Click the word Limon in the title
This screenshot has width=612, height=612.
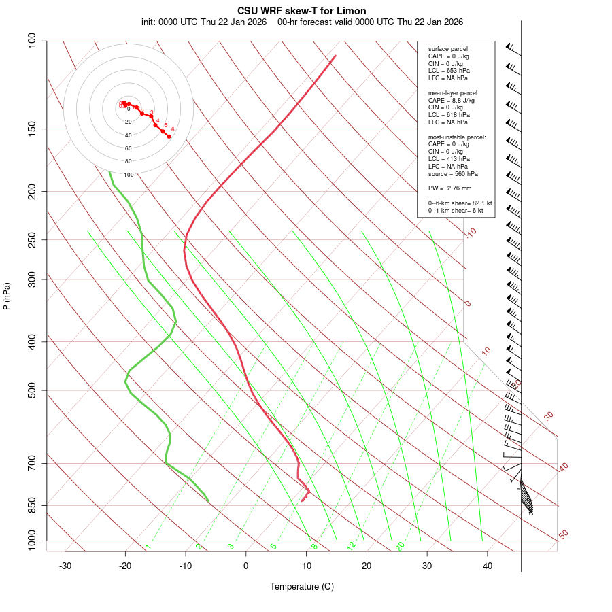pyautogui.click(x=351, y=11)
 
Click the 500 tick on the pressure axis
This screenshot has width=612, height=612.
pyautogui.click(x=32, y=390)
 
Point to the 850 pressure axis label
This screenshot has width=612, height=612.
pyautogui.click(x=32, y=505)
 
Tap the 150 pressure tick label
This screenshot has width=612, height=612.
pyautogui.click(x=32, y=129)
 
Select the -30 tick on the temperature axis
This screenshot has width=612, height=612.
pyautogui.click(x=65, y=566)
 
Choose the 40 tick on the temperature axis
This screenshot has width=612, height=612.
pyautogui.click(x=488, y=566)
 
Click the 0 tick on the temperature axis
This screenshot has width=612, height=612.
pyautogui.click(x=246, y=566)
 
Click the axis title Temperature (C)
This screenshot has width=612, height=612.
pyautogui.click(x=302, y=586)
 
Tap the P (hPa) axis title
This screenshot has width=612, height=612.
pyautogui.click(x=7, y=296)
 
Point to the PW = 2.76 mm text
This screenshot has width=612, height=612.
pyautogui.click(x=449, y=188)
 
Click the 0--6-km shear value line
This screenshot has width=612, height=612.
pyautogui.click(x=460, y=203)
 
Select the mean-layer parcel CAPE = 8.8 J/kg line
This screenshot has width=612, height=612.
pyautogui.click(x=451, y=100)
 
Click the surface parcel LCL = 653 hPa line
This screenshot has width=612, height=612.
pyautogui.click(x=449, y=71)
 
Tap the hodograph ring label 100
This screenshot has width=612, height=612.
pyautogui.click(x=129, y=175)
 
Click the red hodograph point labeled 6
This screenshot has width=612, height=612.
pyautogui.click(x=169, y=137)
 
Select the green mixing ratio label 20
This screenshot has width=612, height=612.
pyautogui.click(x=401, y=546)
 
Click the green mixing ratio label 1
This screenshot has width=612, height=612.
pyautogui.click(x=148, y=547)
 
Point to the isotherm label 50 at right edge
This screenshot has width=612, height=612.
pyautogui.click(x=563, y=535)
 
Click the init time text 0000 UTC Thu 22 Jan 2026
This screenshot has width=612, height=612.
pyautogui.click(x=203, y=22)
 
